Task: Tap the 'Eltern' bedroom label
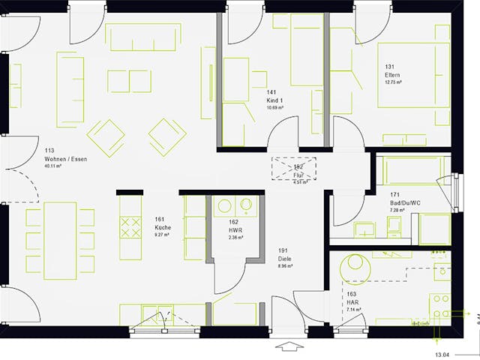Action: tap(392, 75)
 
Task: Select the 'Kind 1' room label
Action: tap(275, 100)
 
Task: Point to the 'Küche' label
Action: tap(163, 226)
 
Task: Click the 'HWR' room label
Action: tap(234, 229)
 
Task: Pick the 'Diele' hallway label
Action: tap(284, 258)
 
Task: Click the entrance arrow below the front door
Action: tap(287, 346)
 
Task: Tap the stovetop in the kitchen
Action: tap(130, 226)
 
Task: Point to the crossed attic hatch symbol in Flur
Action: tap(294, 169)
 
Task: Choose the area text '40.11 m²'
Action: tap(53, 166)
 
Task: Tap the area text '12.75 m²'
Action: tap(393, 82)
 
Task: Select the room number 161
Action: tap(159, 219)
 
